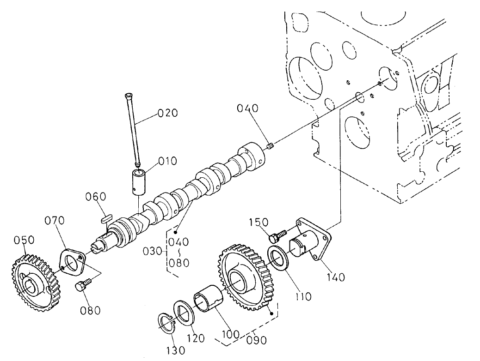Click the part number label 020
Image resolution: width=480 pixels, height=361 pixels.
168,113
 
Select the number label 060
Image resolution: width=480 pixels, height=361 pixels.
95,197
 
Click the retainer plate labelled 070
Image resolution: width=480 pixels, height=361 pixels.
73,263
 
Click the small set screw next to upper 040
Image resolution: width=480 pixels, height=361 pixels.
271,147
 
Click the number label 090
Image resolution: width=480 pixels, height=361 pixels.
257,340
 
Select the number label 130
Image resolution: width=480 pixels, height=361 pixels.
175,350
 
